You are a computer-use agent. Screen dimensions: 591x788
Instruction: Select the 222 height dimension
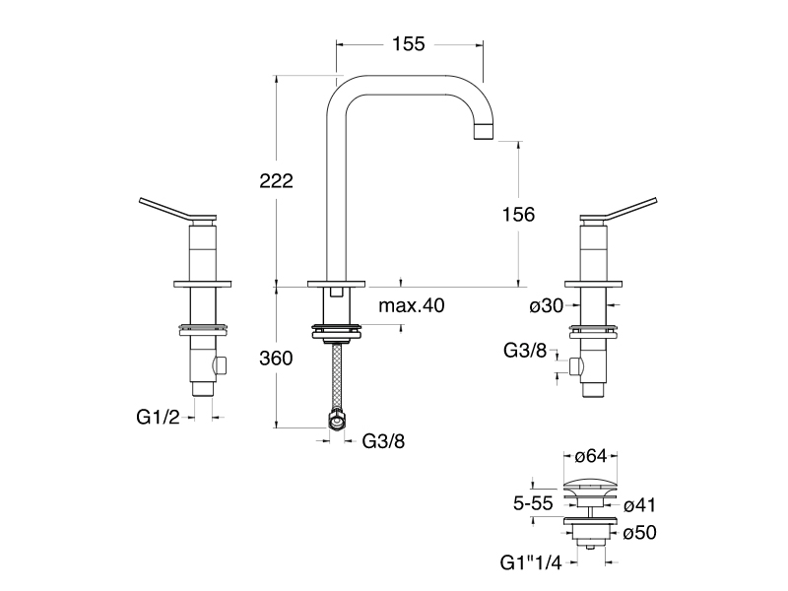[x=278, y=181]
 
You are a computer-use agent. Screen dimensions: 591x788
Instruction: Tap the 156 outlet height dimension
[x=517, y=214]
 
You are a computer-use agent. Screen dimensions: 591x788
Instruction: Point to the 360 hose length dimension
[x=277, y=359]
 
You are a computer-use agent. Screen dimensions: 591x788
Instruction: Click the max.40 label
[x=412, y=306]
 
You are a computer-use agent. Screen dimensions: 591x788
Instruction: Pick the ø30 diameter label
[x=547, y=306]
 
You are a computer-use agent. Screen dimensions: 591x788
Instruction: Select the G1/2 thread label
[x=159, y=417]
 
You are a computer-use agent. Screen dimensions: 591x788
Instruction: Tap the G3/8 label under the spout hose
[x=383, y=440]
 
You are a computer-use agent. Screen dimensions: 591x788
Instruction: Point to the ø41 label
[x=639, y=505]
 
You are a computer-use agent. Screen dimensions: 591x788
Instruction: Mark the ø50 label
[x=639, y=533]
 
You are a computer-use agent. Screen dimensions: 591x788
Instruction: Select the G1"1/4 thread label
[x=532, y=564]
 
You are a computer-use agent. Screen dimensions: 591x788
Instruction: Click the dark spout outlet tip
[x=483, y=132]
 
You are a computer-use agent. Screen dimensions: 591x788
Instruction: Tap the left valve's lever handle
[x=176, y=209]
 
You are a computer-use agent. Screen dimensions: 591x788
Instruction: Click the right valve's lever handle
[x=621, y=209]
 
